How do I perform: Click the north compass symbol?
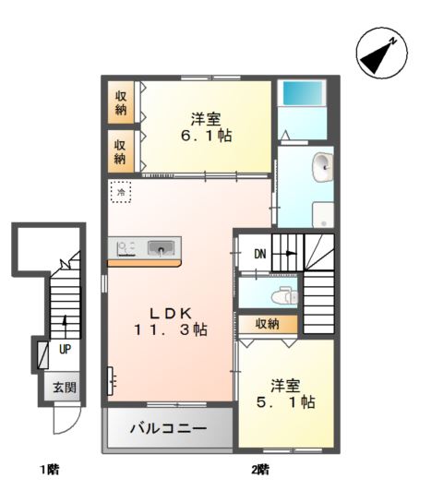click(x=381, y=54)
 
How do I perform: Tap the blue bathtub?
click(x=302, y=92)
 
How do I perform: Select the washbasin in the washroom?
click(x=322, y=167)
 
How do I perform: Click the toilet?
click(x=284, y=297)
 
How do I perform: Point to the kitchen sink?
click(x=161, y=248)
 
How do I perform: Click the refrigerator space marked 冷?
click(x=121, y=192)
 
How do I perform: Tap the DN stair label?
click(x=260, y=254)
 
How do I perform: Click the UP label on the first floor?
click(x=65, y=350)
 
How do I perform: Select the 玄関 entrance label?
click(x=65, y=388)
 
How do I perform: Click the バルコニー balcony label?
click(x=168, y=428)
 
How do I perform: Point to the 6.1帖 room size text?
click(x=207, y=136)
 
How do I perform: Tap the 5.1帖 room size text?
click(x=286, y=401)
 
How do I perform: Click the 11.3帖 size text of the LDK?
click(x=171, y=329)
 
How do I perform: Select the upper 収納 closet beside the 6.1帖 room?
click(x=121, y=102)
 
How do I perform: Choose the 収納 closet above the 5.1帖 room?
click(x=269, y=324)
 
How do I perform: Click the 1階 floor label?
click(x=50, y=470)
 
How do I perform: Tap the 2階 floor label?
click(x=260, y=470)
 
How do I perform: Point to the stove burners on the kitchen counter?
click(x=126, y=248)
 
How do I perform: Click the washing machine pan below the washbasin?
click(x=323, y=214)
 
